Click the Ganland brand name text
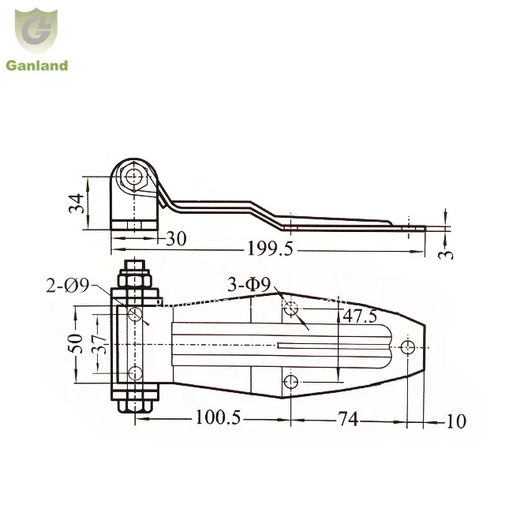tap(37, 65)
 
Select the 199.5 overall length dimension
tap(270, 249)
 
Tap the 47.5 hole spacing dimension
tap(358, 316)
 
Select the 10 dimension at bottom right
tap(455, 421)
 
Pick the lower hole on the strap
tap(291, 383)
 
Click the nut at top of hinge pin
tap(136, 278)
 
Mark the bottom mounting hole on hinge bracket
tap(135, 373)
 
